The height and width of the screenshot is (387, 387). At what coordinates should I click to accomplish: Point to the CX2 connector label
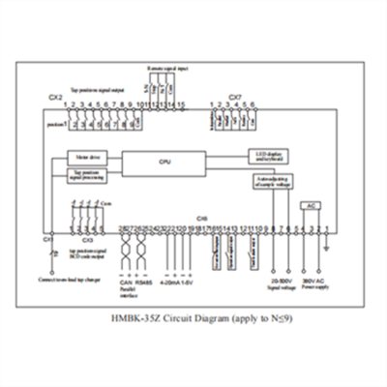tap(55, 97)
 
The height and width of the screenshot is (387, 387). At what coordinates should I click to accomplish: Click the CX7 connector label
tap(235, 97)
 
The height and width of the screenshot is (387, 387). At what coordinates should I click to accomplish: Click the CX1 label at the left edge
tap(46, 237)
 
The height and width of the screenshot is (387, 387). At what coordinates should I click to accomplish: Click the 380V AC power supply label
tap(313, 283)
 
